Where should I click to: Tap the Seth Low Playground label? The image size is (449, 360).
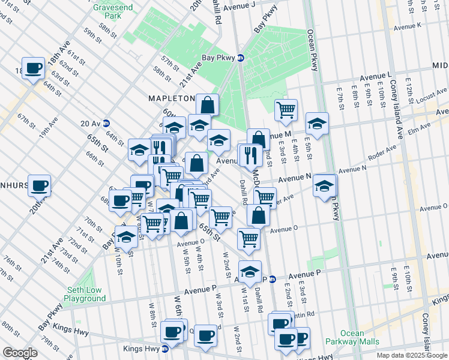tap(85, 294)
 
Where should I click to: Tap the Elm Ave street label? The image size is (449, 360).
tap(418, 128)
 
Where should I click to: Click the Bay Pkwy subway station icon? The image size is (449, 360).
tap(241, 58)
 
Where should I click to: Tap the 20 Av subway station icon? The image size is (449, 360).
tap(106, 123)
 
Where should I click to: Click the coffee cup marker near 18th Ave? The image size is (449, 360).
tap(34, 67)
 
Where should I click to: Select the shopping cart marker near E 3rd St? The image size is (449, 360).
tap(286, 109)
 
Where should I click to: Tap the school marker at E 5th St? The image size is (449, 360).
tap(317, 123)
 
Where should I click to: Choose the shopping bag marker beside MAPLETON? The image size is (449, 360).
tap(207, 104)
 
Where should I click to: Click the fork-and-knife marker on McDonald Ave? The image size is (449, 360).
tap(250, 155)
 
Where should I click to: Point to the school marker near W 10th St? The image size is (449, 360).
tap(126, 238)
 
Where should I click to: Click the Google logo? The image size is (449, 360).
tap(20, 353)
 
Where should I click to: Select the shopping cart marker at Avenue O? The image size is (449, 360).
tap(249, 238)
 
